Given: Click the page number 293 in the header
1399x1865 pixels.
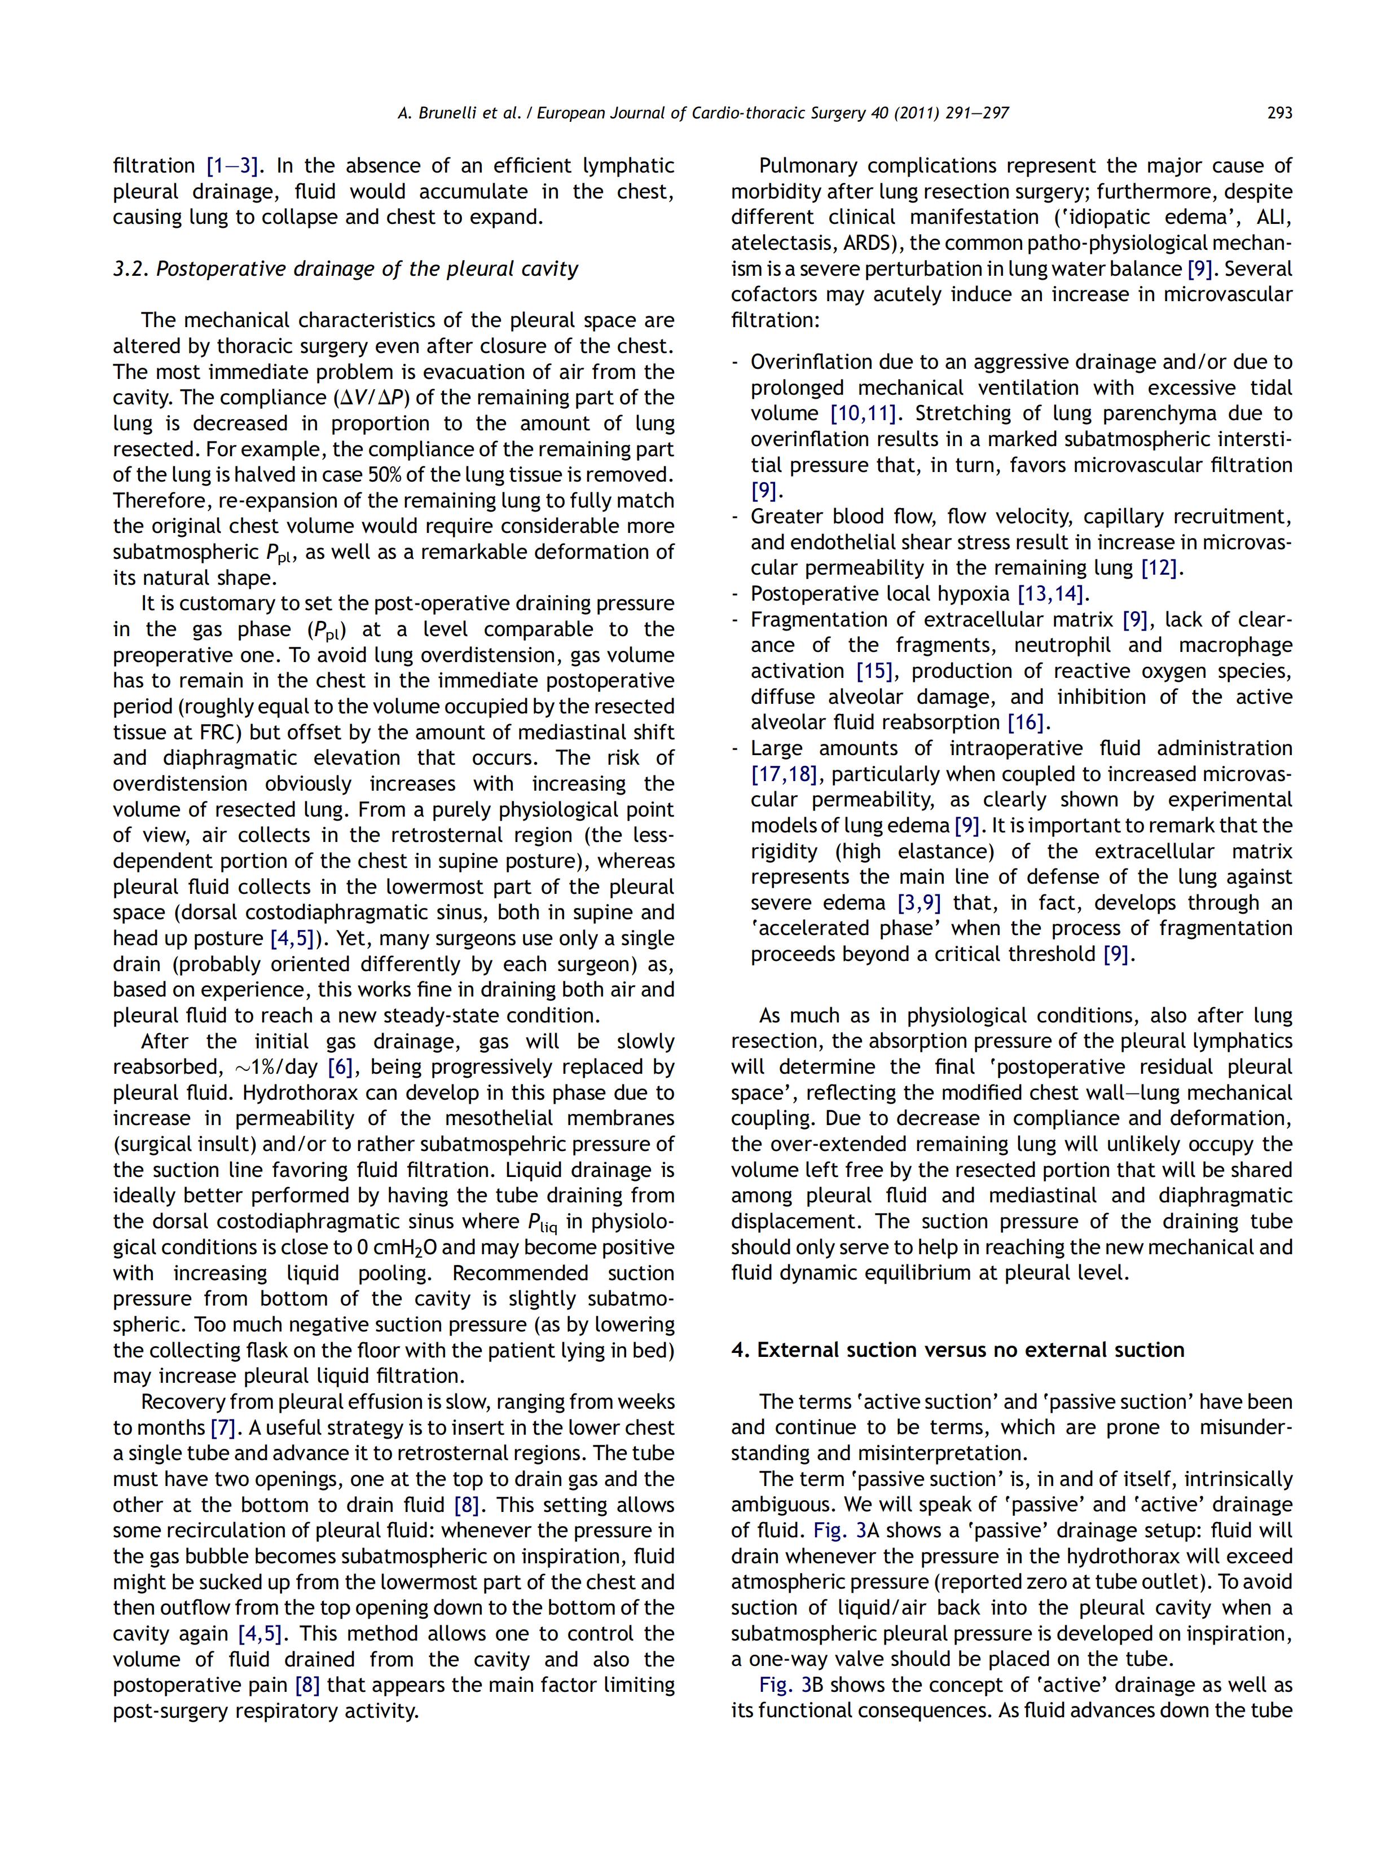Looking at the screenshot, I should click(1278, 113).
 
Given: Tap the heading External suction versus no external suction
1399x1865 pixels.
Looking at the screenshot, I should click(957, 1350).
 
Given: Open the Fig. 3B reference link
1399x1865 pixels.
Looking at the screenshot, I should click(777, 1686).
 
